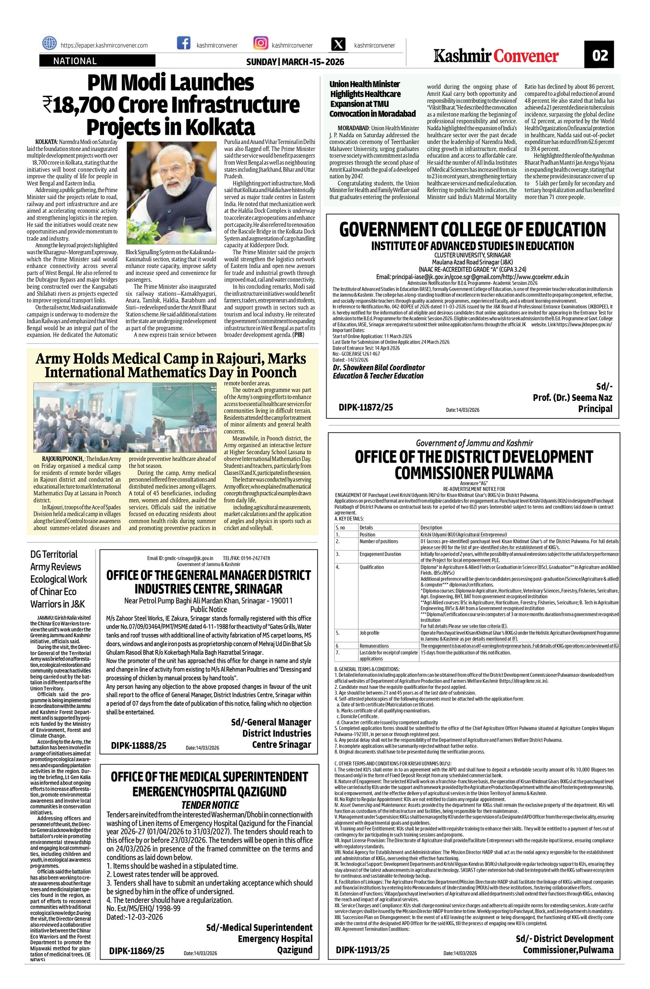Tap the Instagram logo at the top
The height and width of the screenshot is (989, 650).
click(260, 44)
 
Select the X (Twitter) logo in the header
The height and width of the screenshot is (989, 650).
click(339, 45)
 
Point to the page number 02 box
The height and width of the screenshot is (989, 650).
click(599, 55)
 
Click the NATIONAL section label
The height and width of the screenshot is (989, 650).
click(75, 61)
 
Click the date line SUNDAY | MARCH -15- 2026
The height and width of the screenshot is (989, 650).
click(295, 62)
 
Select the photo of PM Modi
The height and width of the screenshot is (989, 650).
click(171, 193)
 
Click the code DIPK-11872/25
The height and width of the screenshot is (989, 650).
click(365, 407)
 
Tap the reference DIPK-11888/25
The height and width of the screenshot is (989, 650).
click(139, 745)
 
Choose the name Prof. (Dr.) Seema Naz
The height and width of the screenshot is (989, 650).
click(572, 398)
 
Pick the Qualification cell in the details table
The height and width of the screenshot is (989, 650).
click(372, 567)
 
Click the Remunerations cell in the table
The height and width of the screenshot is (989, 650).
click(374, 646)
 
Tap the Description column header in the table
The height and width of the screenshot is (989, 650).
click(431, 528)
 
